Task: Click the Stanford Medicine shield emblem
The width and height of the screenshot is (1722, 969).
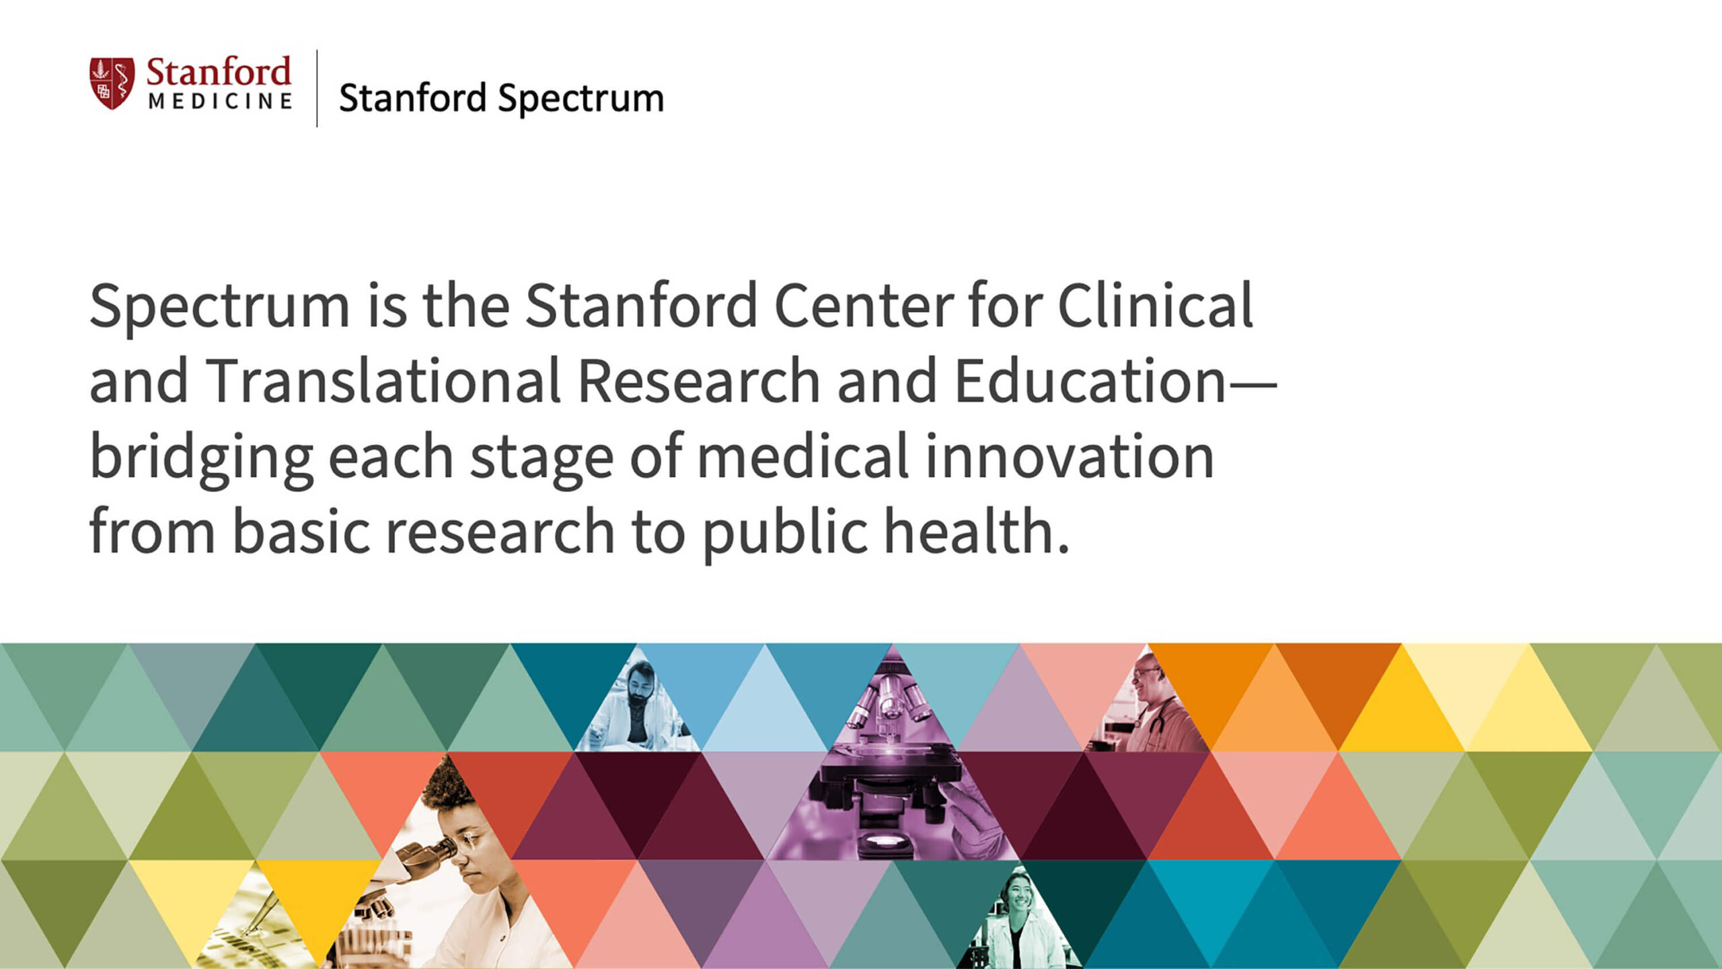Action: click(x=112, y=83)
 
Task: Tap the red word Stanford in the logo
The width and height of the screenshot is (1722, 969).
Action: click(x=219, y=72)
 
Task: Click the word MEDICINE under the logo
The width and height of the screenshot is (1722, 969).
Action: click(x=221, y=102)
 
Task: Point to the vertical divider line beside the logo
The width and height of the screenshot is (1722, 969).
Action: click(x=317, y=88)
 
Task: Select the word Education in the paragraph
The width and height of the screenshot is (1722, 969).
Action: click(x=1090, y=381)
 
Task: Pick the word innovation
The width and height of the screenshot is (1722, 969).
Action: click(x=1070, y=457)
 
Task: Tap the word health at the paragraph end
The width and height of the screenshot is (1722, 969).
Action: click(x=976, y=532)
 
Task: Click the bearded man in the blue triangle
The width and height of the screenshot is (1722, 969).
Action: click(x=637, y=707)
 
